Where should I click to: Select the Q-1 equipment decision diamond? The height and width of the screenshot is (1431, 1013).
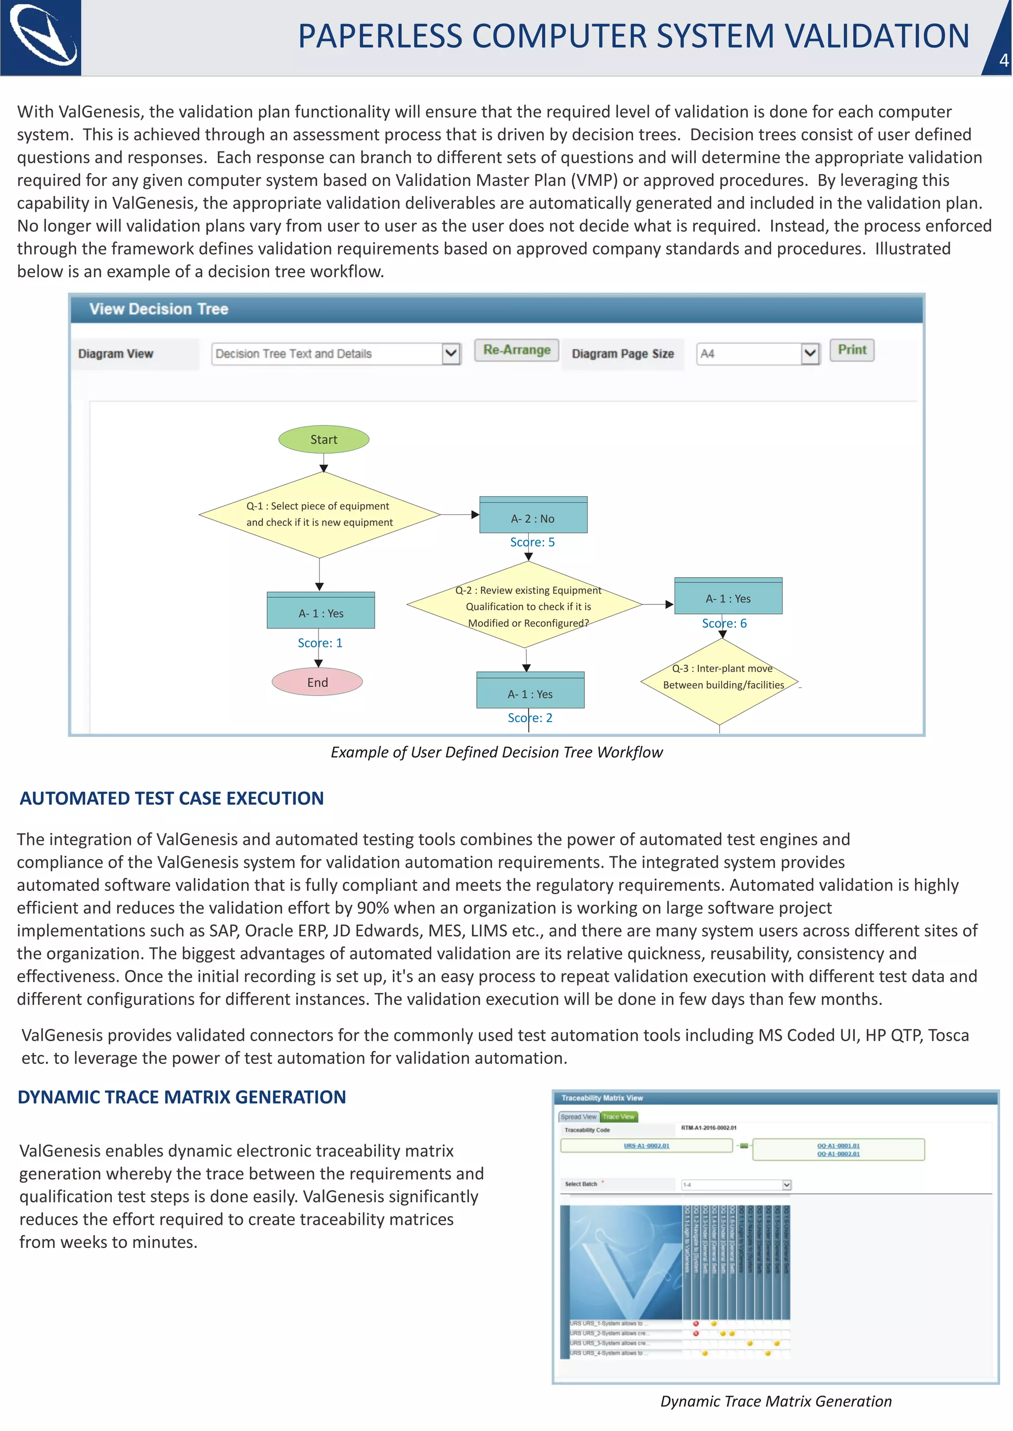[x=320, y=514]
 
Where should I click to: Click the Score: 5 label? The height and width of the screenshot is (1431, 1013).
[x=532, y=542]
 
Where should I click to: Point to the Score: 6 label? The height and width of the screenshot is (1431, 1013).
[x=724, y=623]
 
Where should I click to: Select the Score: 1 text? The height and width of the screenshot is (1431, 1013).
[x=320, y=643]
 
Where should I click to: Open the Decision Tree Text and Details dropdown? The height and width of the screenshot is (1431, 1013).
[x=451, y=354]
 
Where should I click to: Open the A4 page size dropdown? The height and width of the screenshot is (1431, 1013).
[x=809, y=354]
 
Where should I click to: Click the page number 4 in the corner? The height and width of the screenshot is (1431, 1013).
[x=1003, y=60]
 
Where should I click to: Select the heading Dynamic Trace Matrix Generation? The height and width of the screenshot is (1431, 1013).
[x=182, y=1097]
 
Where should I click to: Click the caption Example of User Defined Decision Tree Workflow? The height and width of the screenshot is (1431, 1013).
[x=497, y=752]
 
